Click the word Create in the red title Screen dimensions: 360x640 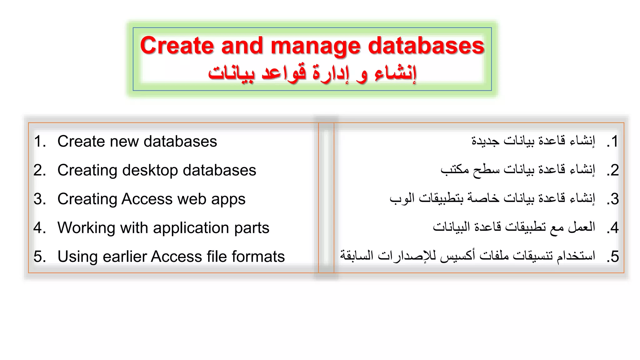point(177,46)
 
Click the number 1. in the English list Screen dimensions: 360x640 point(40,141)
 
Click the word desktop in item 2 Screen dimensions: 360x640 point(150,171)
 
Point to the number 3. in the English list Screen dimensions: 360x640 point(40,199)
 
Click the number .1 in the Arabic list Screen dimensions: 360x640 point(612,142)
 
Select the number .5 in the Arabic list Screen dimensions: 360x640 point(612,257)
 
